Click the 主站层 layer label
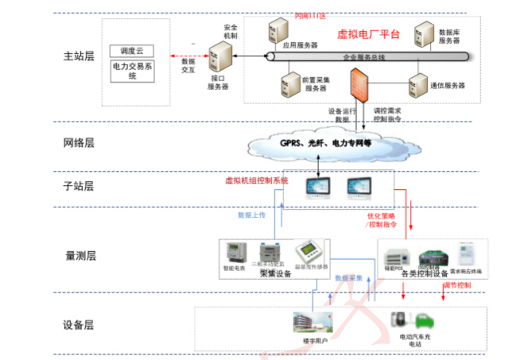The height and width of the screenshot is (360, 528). tap(79, 56)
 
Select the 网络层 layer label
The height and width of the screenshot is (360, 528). tap(79, 143)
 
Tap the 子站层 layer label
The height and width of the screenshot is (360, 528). tap(79, 187)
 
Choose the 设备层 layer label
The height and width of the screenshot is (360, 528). tap(79, 325)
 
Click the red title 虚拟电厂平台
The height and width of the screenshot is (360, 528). tap(369, 34)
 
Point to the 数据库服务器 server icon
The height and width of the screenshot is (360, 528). tap(420, 35)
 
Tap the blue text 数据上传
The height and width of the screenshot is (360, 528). tap(251, 215)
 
